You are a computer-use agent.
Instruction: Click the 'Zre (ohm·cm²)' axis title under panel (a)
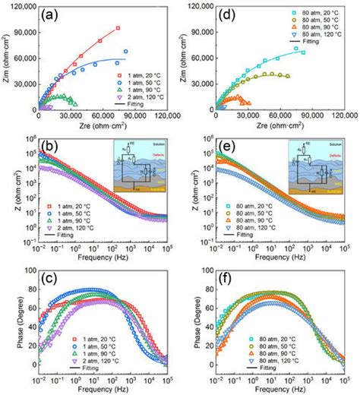[x=101, y=125]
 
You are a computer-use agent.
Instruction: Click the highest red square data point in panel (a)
[x=118, y=28]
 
